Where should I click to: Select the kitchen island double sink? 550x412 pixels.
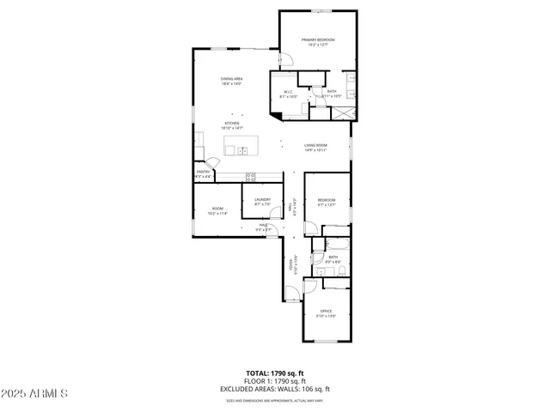click(x=242, y=150)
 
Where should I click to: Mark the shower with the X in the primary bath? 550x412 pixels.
click(x=343, y=112)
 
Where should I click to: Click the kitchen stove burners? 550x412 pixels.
click(x=251, y=176)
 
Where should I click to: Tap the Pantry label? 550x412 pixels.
click(x=203, y=173)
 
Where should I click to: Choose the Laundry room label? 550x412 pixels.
click(x=262, y=202)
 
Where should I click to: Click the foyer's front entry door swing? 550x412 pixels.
click(x=293, y=294)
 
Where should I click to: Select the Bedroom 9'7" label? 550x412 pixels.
click(x=326, y=202)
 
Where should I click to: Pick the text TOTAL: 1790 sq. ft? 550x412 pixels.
click(x=274, y=373)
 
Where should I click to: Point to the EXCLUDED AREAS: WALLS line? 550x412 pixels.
click(x=274, y=389)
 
